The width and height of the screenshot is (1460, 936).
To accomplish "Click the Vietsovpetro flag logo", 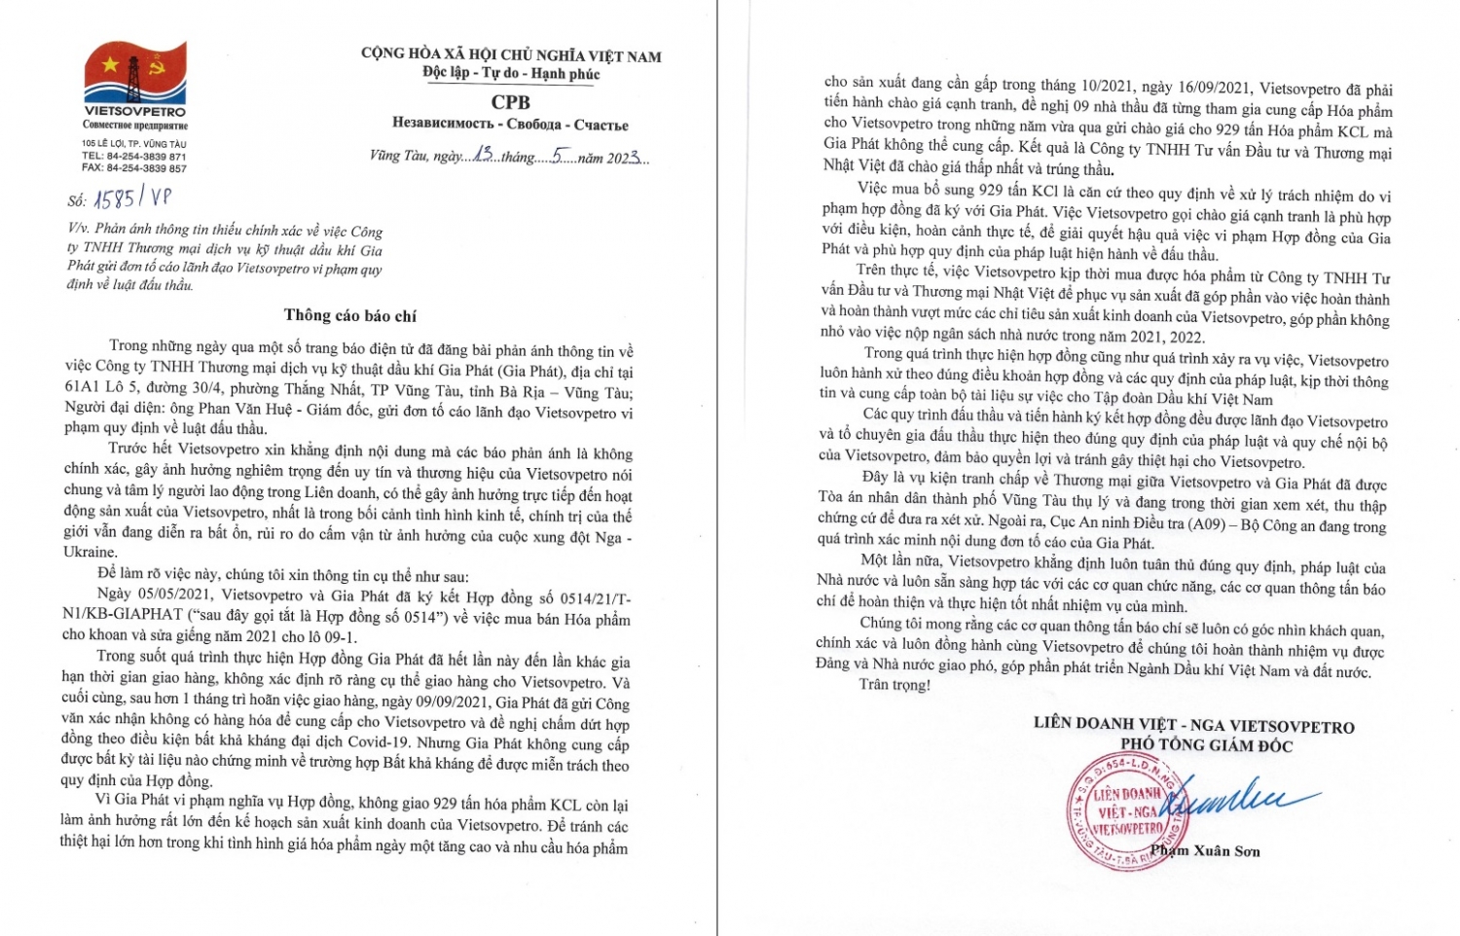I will [135, 74].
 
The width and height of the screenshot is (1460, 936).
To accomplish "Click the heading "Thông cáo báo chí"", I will [349, 315].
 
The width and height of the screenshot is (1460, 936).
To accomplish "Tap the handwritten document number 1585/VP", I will [132, 198].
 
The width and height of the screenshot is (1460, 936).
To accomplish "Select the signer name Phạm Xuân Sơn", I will [1205, 851].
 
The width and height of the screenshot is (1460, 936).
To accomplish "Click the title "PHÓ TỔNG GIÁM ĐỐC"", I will [1206, 745].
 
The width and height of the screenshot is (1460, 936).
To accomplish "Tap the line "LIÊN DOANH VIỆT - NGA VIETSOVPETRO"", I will [1193, 726].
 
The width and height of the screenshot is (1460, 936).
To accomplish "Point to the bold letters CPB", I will [510, 101].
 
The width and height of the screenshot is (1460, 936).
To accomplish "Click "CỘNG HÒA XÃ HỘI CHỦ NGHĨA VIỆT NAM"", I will [511, 55].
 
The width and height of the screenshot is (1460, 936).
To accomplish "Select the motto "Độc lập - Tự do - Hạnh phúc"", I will [511, 74].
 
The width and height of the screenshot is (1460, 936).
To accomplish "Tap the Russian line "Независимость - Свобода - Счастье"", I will [510, 125].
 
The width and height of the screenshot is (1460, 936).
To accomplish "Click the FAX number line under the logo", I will [134, 168].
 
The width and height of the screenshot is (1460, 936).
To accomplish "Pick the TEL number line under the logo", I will [134, 157].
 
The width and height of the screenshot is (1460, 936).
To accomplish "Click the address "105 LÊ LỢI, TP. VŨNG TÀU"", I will [134, 144].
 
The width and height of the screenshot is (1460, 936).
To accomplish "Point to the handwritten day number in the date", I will [484, 155].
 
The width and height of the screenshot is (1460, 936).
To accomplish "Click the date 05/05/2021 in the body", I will [174, 594].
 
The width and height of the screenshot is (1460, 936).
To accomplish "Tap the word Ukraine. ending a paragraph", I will [91, 552].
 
